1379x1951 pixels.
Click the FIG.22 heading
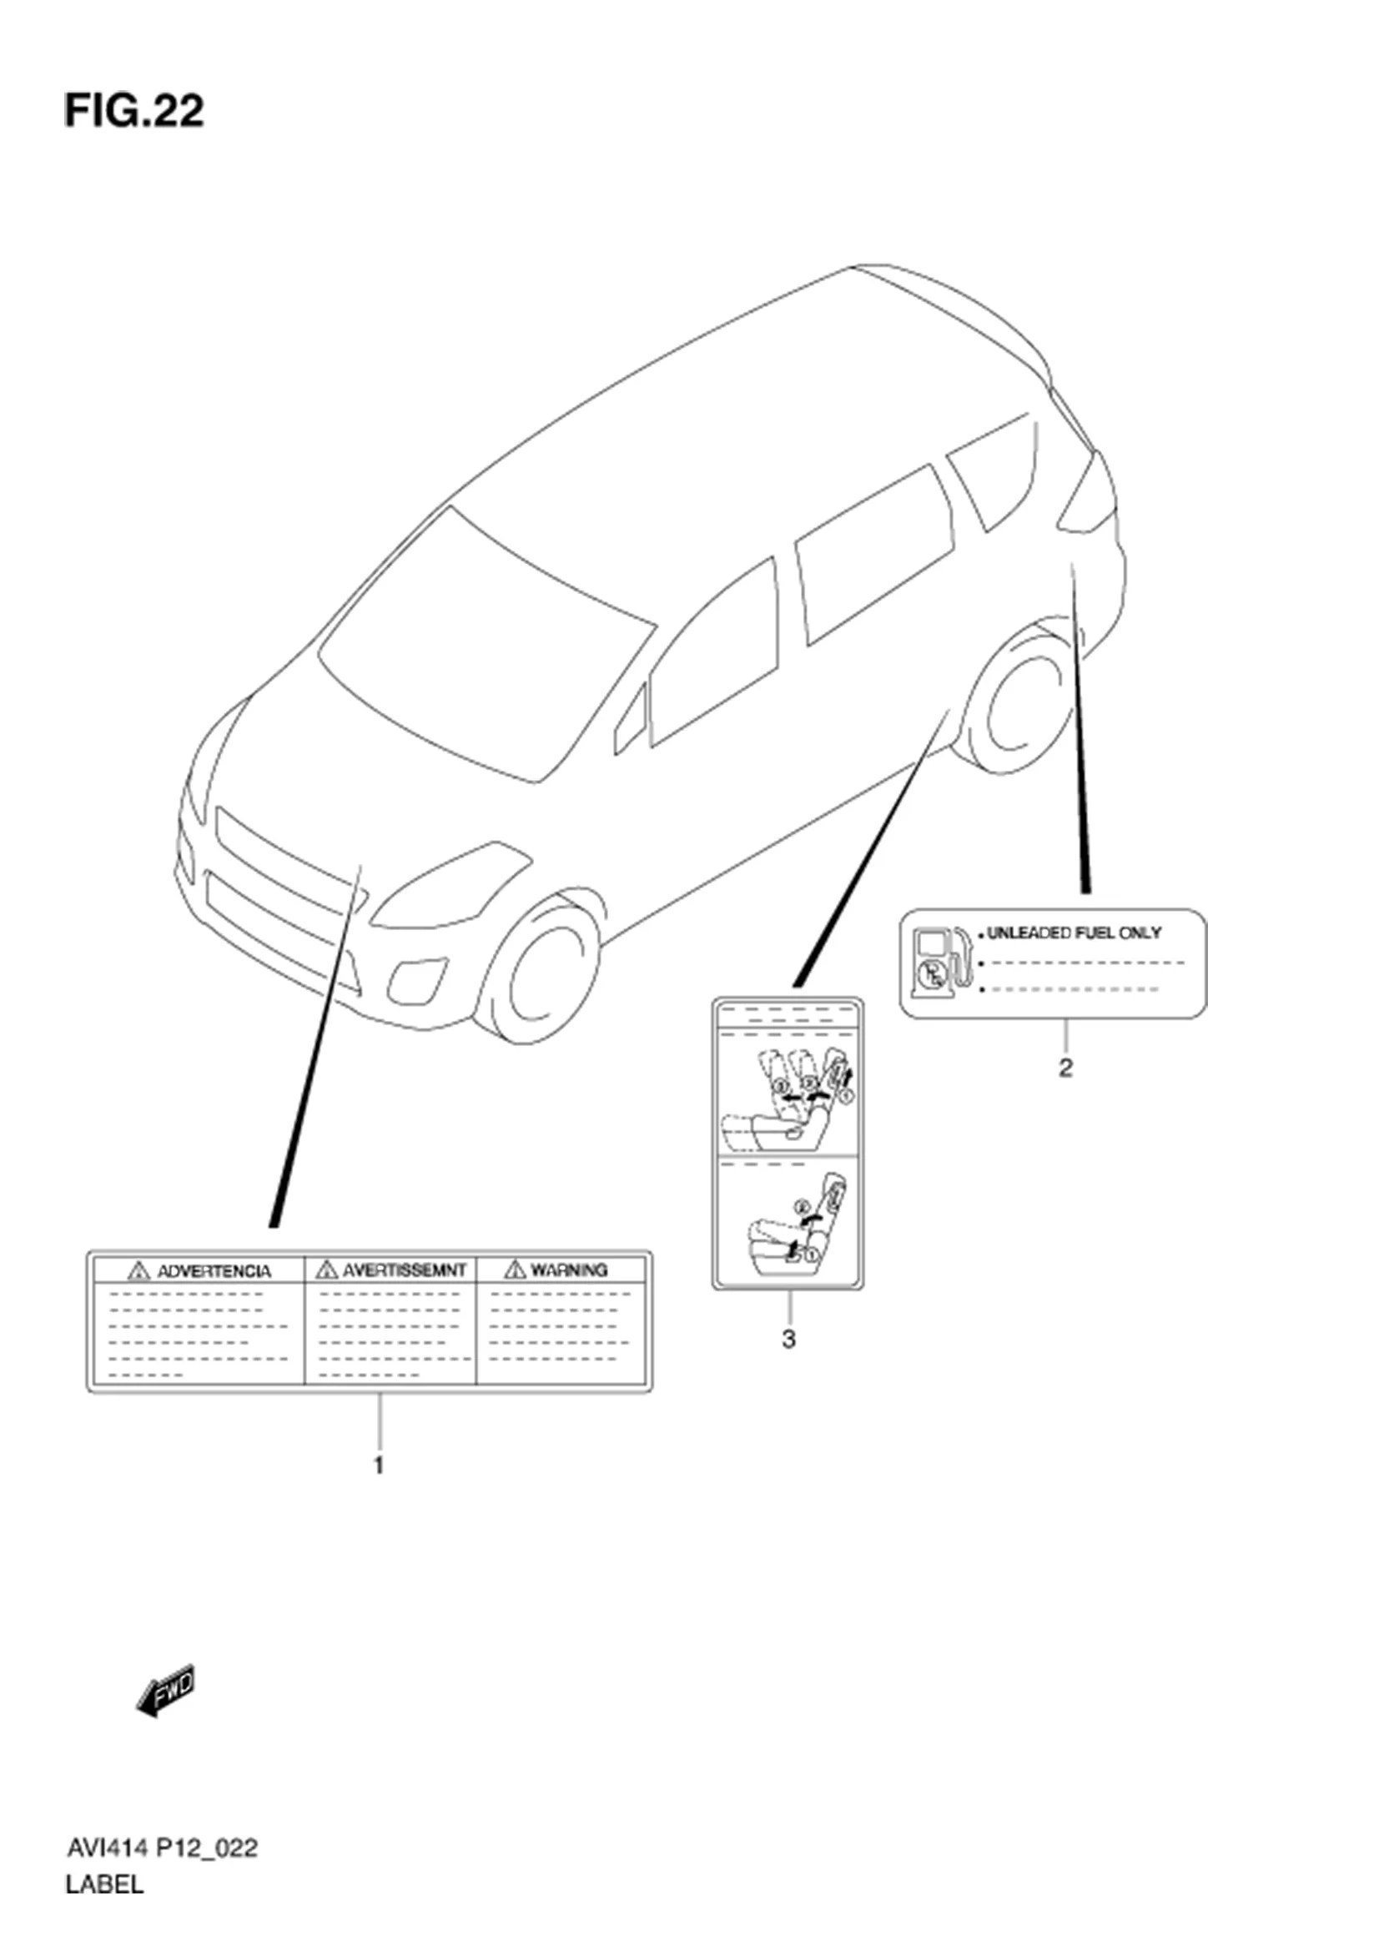tap(134, 111)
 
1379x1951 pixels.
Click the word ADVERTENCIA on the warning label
tap(214, 1272)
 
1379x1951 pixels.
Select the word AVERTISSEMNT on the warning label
tap(404, 1270)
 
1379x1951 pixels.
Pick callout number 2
tap(1065, 1069)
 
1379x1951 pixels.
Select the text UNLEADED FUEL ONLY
tap(1073, 933)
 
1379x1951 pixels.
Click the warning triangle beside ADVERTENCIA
tap(138, 1272)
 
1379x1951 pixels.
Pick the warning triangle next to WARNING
tap(514, 1270)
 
